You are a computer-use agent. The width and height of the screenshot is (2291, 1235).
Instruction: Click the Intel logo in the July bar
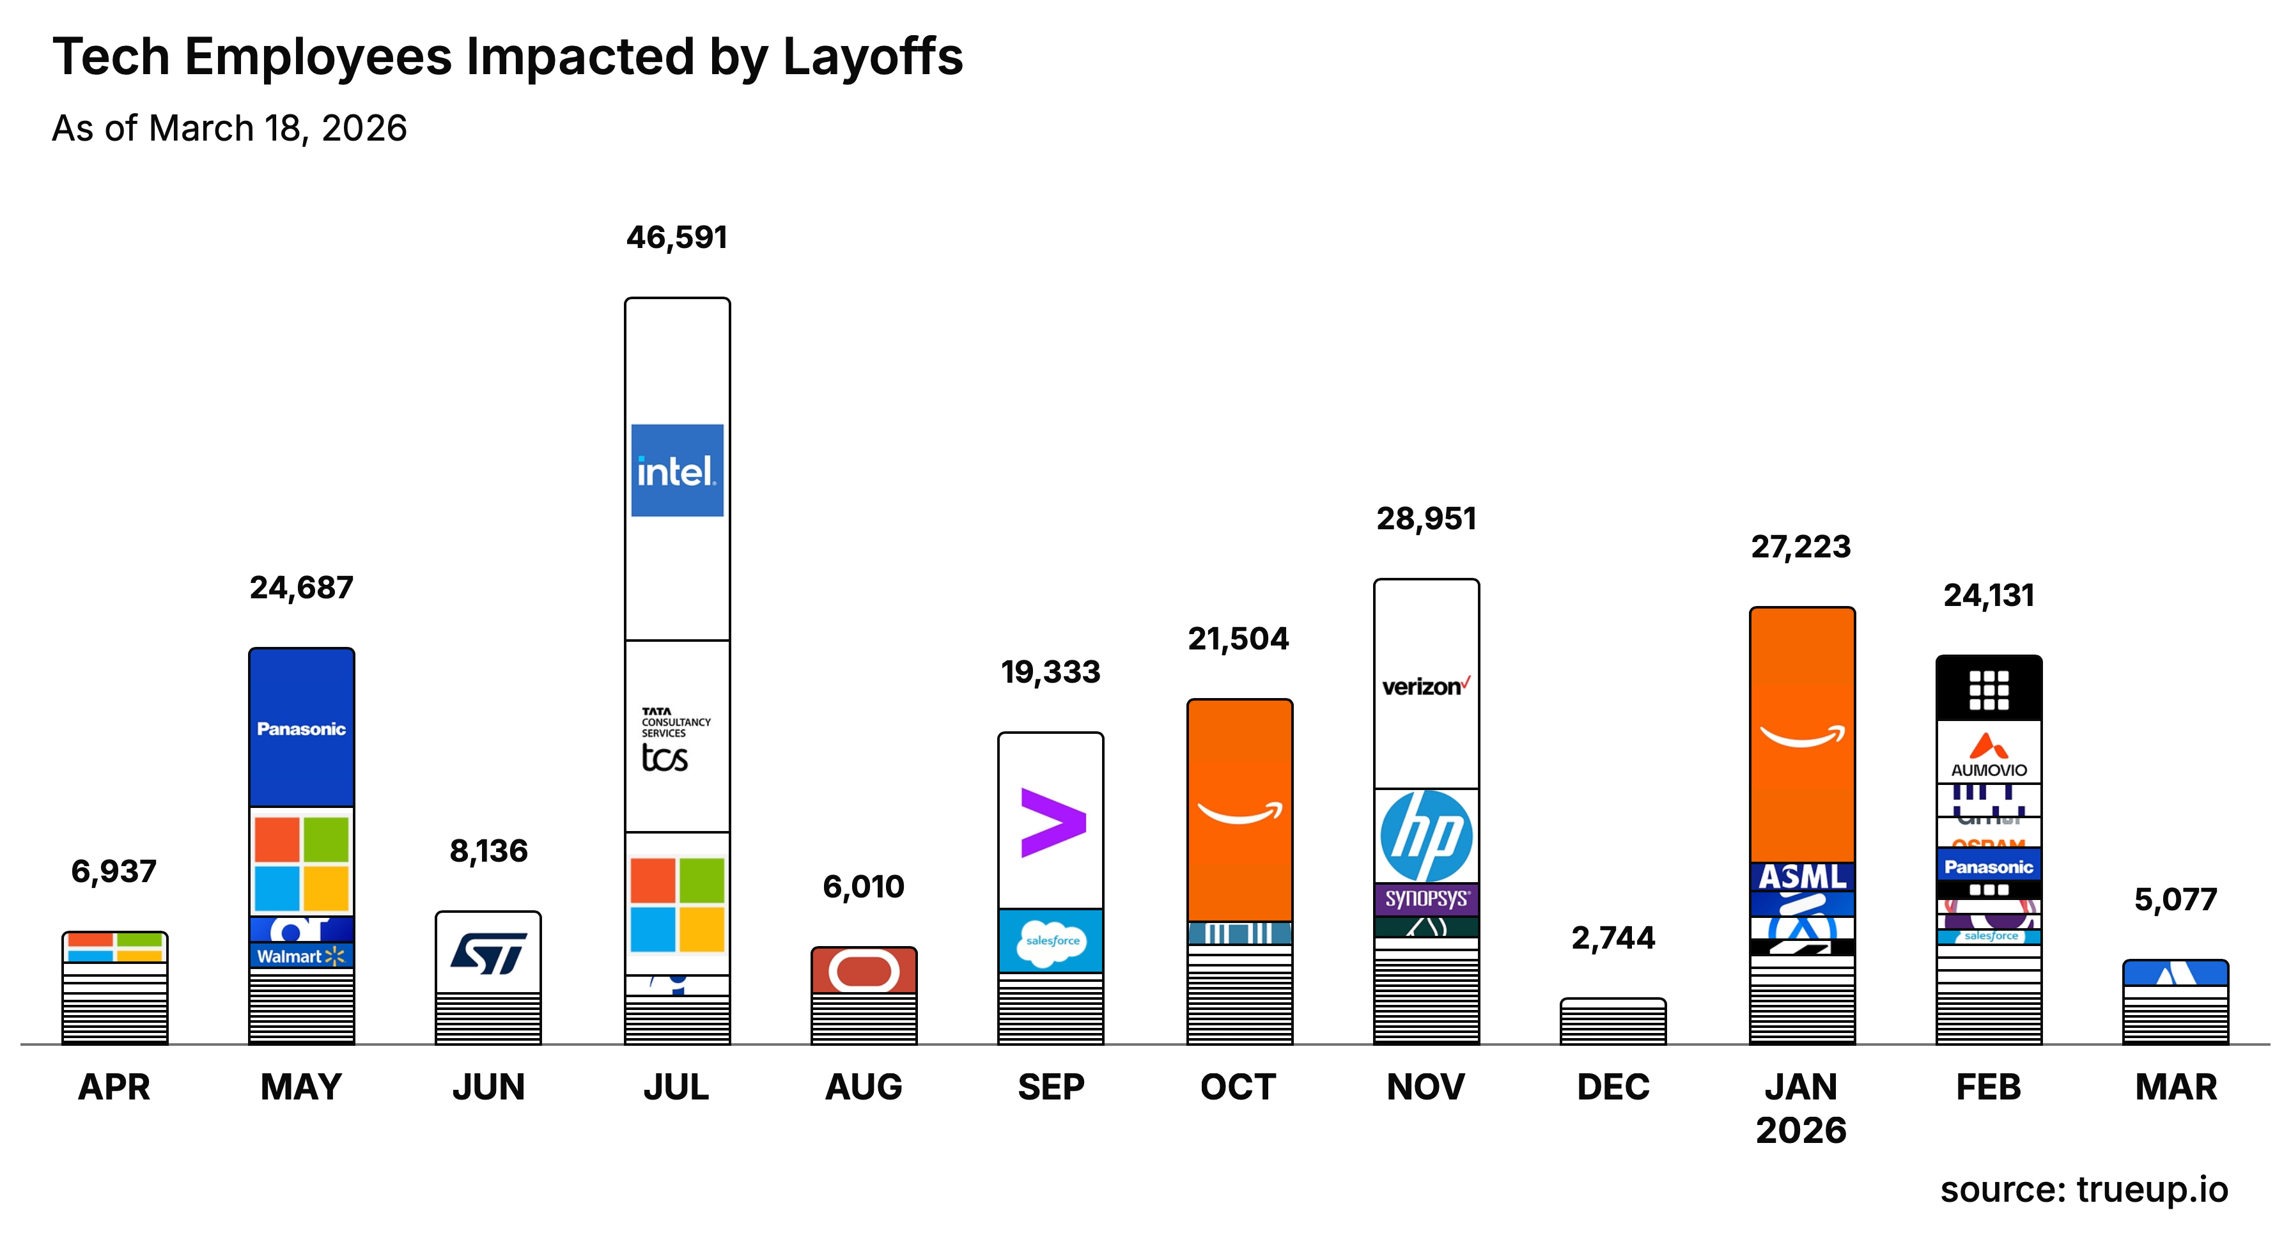click(677, 470)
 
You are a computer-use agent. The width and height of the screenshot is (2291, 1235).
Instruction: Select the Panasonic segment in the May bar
click(302, 728)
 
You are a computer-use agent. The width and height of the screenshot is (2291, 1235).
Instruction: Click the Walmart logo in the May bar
click(300, 956)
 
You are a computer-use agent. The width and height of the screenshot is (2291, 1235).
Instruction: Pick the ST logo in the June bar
click(488, 953)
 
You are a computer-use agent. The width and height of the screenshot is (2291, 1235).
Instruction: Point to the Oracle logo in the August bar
click(864, 971)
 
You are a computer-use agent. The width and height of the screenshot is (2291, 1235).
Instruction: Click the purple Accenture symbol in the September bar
click(1052, 823)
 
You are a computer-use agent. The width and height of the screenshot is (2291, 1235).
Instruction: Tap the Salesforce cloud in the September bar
click(1052, 941)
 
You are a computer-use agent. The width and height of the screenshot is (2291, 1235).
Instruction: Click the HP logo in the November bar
click(1425, 835)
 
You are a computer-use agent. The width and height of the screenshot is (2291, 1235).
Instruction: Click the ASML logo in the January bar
click(1802, 876)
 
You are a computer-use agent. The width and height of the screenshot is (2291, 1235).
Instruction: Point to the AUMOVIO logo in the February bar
click(1989, 755)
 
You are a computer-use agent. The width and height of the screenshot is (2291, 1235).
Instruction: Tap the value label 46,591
click(677, 237)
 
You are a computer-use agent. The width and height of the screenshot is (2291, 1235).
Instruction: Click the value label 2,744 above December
click(1612, 937)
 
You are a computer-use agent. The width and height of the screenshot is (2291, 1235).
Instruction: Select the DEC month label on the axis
click(1612, 1087)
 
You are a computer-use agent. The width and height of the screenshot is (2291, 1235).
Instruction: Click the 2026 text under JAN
click(1801, 1130)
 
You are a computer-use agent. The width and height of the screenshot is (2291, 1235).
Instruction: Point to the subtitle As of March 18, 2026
click(229, 128)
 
